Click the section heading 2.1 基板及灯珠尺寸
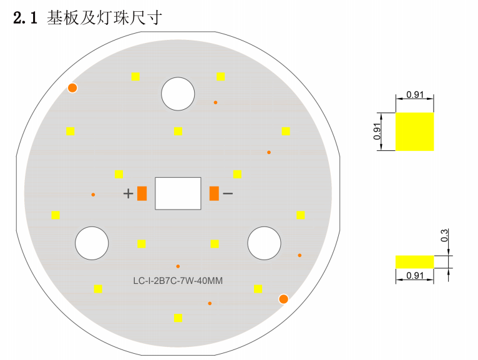coord(87,18)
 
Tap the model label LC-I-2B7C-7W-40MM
coord(178,281)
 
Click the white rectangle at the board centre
coord(178,193)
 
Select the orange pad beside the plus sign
coord(142,193)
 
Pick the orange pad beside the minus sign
coord(214,193)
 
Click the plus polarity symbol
coord(128,193)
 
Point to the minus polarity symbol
coord(228,193)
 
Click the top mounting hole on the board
coord(178,93)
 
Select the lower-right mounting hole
coord(264,243)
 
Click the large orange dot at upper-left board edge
coord(72,88)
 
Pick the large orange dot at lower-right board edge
coord(283,299)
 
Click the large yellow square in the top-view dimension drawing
coord(414,131)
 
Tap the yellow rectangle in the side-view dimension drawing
coord(414,261)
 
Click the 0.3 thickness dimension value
coord(444,236)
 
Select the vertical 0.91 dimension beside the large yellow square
coord(378,131)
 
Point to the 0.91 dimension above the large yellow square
coord(415,95)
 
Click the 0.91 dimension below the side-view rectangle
coord(415,276)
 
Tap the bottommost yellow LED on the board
coord(178,318)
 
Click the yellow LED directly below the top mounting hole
coord(178,131)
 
